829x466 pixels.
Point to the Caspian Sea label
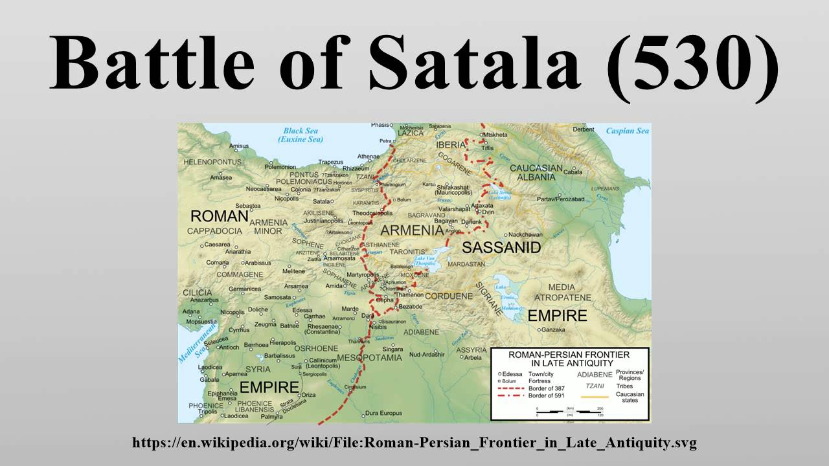(627, 131)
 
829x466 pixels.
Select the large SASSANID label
(501, 247)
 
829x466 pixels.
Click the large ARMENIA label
(412, 230)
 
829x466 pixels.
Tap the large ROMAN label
(219, 216)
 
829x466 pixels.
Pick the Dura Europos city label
(385, 412)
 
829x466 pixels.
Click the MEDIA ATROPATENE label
(561, 292)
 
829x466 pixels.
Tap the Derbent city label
(584, 129)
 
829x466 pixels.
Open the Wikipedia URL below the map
(414, 443)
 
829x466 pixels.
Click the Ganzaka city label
(556, 329)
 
